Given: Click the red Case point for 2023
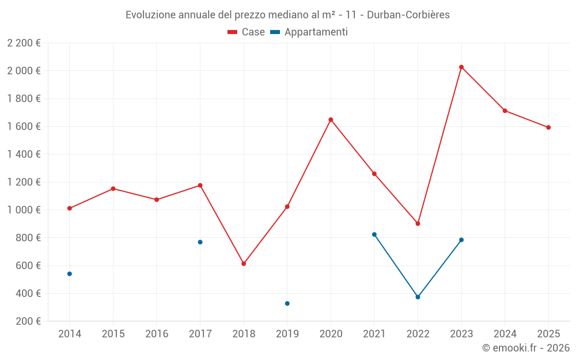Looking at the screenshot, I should (x=461, y=67).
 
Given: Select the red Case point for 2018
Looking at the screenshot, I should (x=244, y=264).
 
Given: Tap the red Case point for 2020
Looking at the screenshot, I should (x=331, y=120).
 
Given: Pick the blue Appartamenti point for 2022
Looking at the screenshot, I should (x=418, y=297).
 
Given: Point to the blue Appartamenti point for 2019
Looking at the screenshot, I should (x=287, y=304).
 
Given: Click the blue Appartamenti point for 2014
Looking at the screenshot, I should (x=70, y=274).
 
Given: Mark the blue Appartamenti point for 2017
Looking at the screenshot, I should (x=200, y=242).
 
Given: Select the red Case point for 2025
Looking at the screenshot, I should (x=548, y=127).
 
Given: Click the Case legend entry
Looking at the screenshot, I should (x=247, y=32).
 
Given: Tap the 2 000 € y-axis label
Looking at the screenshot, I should (x=24, y=71).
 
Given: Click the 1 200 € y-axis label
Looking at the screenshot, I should (x=24, y=182).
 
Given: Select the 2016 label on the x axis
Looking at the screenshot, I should (x=157, y=334).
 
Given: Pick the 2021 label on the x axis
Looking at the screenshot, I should (x=374, y=334).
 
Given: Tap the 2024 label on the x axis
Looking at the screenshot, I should (x=505, y=334).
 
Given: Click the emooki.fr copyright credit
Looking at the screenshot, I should (x=525, y=348).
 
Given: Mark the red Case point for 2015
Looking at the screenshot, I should (x=113, y=189).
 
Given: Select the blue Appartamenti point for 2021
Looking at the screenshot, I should (x=374, y=234).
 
